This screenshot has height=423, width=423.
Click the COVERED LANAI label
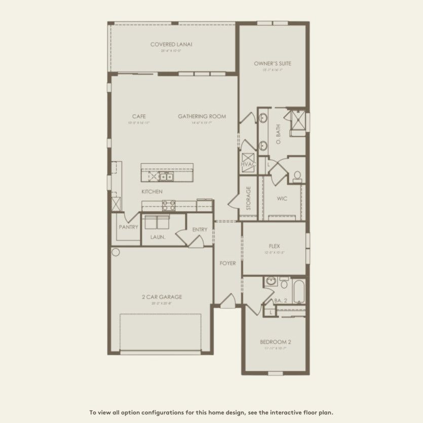click(x=171, y=45)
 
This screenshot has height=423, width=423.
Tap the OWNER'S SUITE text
click(x=273, y=64)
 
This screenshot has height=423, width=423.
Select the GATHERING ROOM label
click(x=202, y=117)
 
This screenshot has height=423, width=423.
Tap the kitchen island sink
click(x=166, y=177)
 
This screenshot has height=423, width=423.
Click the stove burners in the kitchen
click(x=169, y=205)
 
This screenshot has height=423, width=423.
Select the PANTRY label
click(x=129, y=227)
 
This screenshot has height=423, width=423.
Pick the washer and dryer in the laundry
click(x=157, y=222)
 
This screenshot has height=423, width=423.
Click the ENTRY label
click(x=200, y=230)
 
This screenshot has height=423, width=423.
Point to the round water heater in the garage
click(x=116, y=252)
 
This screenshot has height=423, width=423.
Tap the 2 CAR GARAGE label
click(x=161, y=297)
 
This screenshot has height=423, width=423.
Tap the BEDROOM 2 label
click(x=275, y=342)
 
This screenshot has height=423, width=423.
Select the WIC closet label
click(x=282, y=199)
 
